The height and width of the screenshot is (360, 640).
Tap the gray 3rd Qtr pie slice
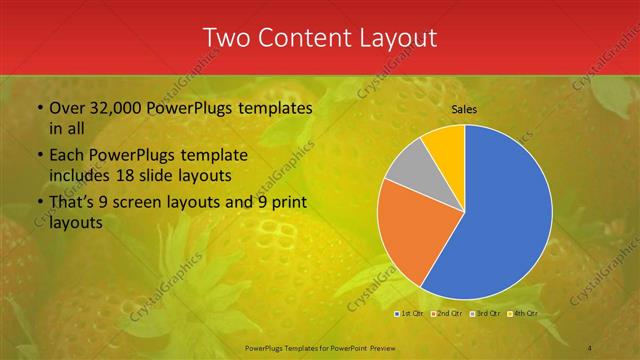coord(408,168)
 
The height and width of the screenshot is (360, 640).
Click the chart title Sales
coord(463,108)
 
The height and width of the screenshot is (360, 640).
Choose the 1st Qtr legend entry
coord(409,314)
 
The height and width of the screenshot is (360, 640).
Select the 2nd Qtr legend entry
coord(445,314)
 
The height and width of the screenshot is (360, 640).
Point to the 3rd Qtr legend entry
coord(484,314)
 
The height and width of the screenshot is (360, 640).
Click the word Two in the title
coord(228,38)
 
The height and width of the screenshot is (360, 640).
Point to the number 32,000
coord(111,108)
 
